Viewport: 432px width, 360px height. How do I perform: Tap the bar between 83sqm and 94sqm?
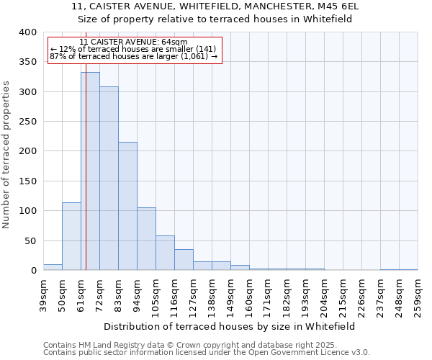[x=127, y=206]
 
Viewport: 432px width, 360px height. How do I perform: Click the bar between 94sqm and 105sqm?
[x=146, y=239]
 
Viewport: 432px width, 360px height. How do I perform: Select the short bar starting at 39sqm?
[x=53, y=267]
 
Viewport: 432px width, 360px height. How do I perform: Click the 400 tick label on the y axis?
[x=27, y=32]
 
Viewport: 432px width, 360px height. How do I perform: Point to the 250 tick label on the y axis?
[x=27, y=122]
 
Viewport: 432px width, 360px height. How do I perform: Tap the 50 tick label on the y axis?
[x=30, y=240]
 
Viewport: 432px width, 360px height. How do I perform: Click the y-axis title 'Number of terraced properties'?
[x=6, y=154]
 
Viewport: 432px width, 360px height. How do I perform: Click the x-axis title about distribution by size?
[x=230, y=326]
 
